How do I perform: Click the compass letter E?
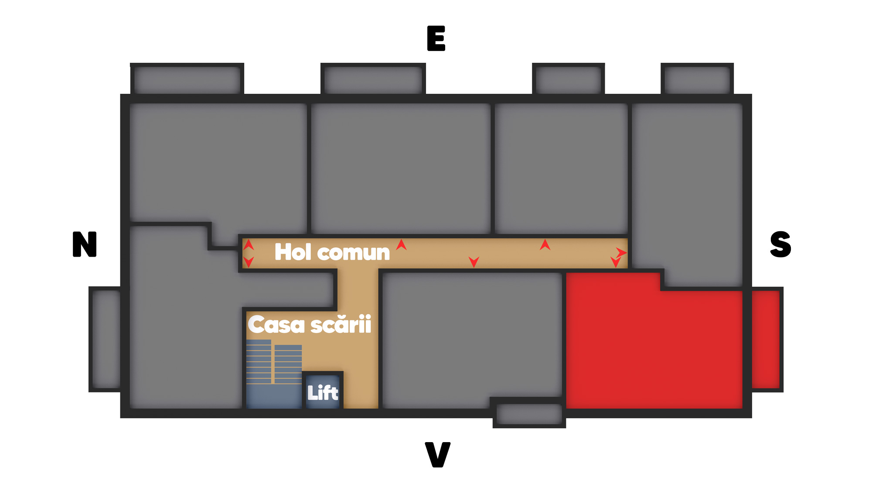pos(436,38)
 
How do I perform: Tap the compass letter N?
pos(85,244)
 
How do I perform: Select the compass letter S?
pos(780,244)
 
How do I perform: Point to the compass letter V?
pos(437,454)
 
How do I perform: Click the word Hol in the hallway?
pos(293,252)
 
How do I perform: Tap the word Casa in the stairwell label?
pos(276,325)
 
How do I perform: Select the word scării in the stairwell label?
pos(341,324)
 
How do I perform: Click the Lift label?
pos(323,393)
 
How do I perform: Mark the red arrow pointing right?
pos(621,252)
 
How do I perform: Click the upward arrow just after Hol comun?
pos(401,245)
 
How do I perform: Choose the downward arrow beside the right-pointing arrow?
pos(615,262)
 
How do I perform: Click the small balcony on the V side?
pos(529,414)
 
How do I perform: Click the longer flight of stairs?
pos(259,362)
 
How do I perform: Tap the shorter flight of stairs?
pos(288,364)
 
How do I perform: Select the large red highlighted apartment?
pos(654,345)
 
